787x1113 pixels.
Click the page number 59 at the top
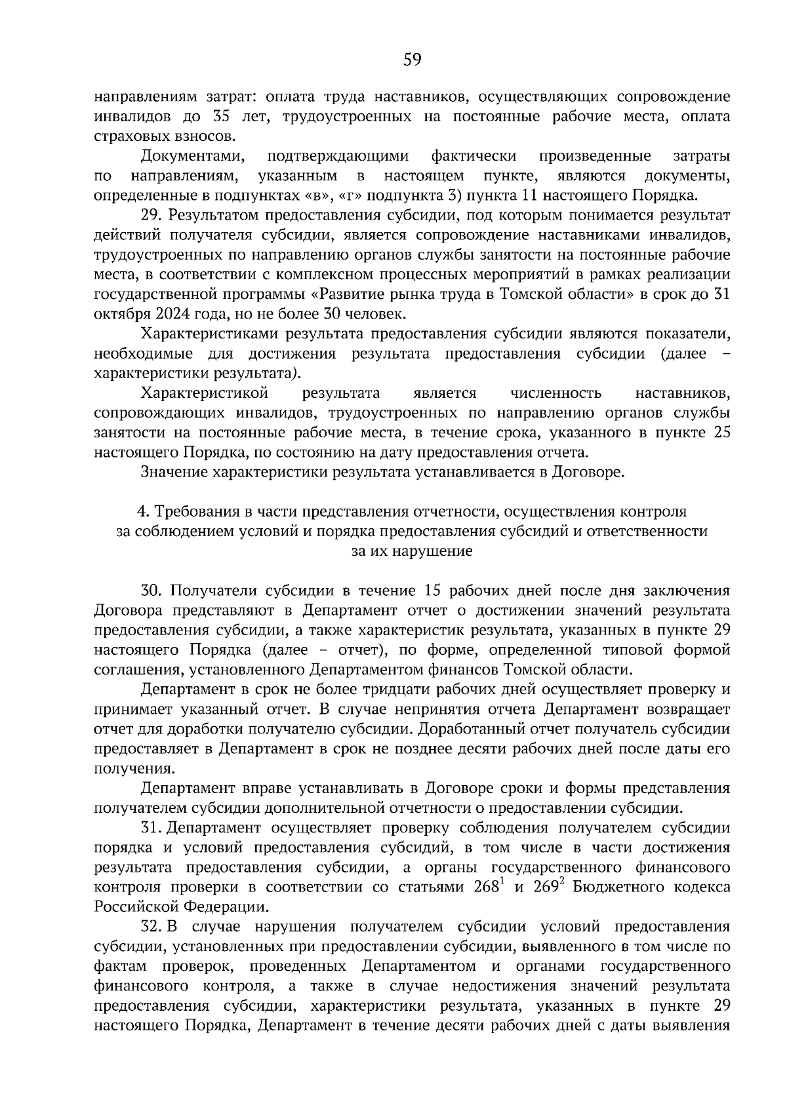412,60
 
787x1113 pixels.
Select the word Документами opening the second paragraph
188,157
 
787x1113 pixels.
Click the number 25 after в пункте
721,433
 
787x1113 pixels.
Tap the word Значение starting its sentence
173,472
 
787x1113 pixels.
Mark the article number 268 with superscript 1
486,888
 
